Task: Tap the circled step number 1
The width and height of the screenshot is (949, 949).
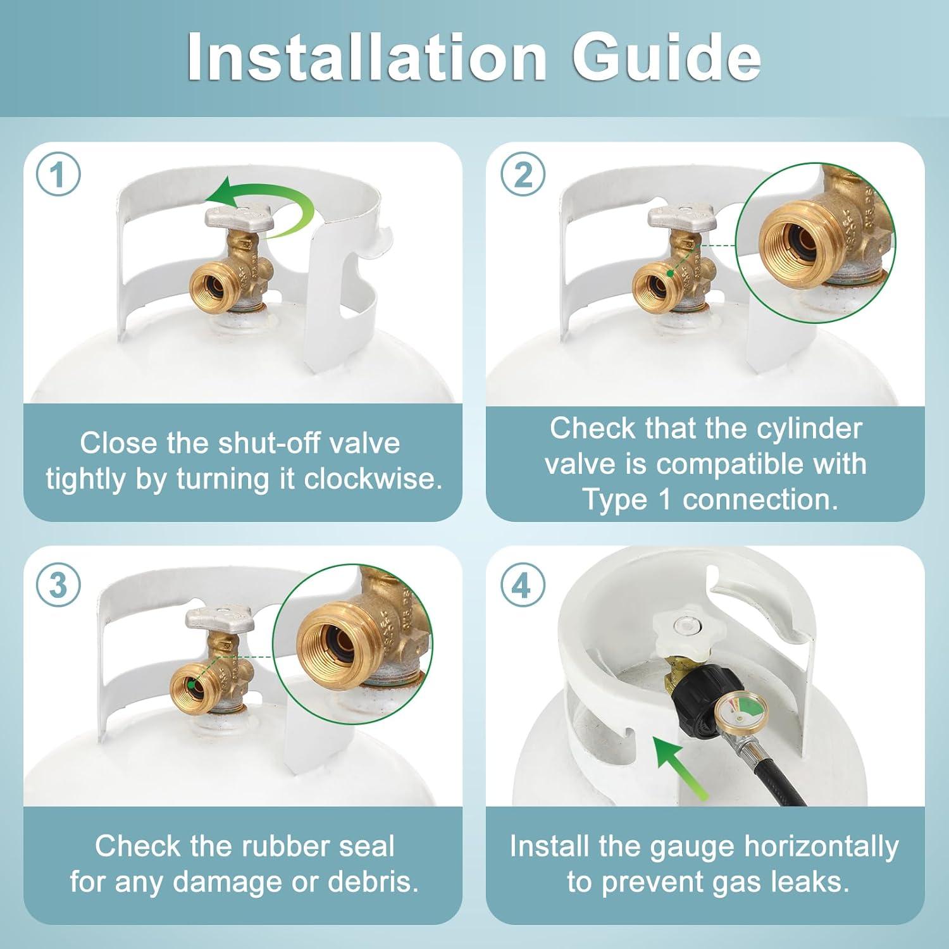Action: point(58,175)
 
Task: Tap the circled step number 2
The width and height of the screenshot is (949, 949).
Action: point(523,175)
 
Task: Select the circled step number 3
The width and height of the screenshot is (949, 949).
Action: point(58,585)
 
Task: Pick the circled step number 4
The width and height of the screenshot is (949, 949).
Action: point(523,585)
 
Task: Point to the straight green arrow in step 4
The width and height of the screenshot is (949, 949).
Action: point(678,766)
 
